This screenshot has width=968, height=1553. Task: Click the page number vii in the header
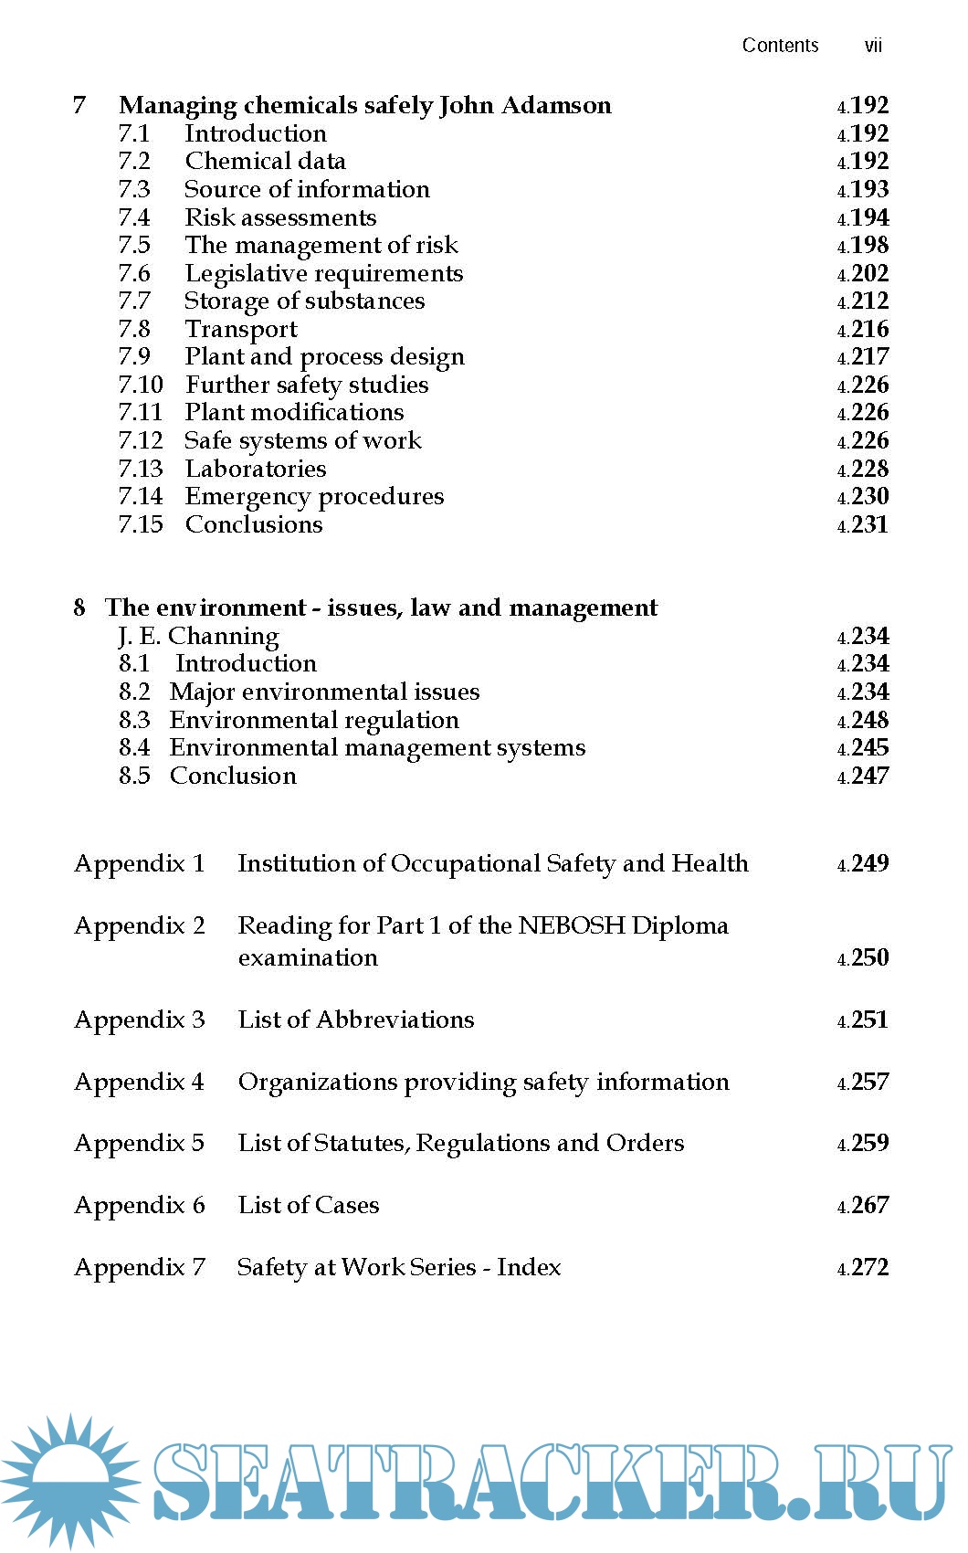[x=872, y=46]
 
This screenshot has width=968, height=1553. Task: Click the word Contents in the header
[x=780, y=46]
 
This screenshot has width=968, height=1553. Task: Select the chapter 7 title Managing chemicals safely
[x=365, y=106]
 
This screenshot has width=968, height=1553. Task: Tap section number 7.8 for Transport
[x=134, y=330]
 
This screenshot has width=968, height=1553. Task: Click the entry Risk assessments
[x=280, y=218]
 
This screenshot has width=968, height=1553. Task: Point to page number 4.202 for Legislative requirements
[x=863, y=274]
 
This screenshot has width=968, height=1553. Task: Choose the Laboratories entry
[x=256, y=470]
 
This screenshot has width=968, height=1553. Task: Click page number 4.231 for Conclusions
[x=863, y=525]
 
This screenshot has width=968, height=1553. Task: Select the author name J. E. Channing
[x=198, y=637]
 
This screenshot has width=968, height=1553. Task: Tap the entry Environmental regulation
[x=314, y=721]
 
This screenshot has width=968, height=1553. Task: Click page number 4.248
[x=863, y=721]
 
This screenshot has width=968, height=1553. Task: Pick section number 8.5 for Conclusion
[x=134, y=776]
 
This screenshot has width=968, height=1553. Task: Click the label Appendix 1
[x=140, y=864]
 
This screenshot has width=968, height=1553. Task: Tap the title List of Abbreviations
[x=356, y=1020]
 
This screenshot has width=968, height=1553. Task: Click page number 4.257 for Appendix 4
[x=863, y=1083]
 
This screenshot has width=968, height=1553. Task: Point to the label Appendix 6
[x=140, y=1206]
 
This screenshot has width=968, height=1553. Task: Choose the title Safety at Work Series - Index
[x=399, y=1268]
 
